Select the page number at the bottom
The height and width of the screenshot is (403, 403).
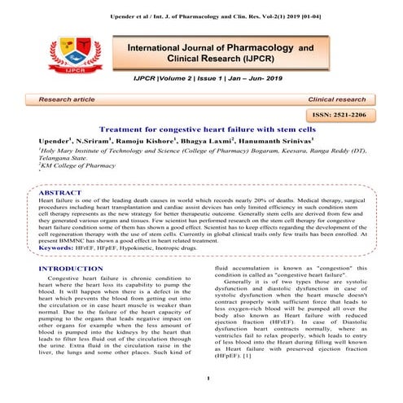coord(209,376)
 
